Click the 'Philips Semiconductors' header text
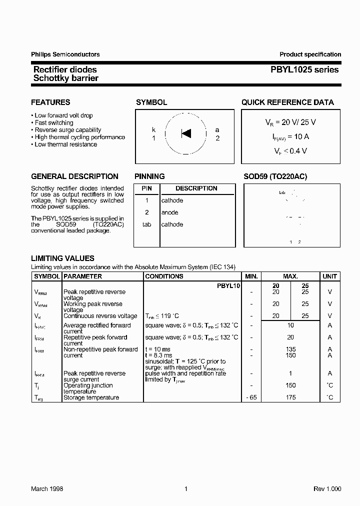(65, 54)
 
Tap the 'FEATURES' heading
(50, 102)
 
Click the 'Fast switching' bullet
(54, 122)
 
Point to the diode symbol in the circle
(186, 133)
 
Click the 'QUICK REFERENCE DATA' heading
(287, 102)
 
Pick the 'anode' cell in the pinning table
(170, 212)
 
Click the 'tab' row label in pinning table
(146, 224)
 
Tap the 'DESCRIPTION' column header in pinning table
(196, 188)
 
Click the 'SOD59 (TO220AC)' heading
(275, 176)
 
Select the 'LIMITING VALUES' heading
(62, 258)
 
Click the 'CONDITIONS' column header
(164, 276)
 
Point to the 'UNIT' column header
(329, 276)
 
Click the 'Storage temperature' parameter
(91, 397)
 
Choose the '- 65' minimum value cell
(250, 397)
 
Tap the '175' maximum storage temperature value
(290, 397)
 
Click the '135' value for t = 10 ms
(290, 349)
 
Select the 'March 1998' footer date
(47, 489)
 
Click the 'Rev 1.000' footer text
(327, 489)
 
